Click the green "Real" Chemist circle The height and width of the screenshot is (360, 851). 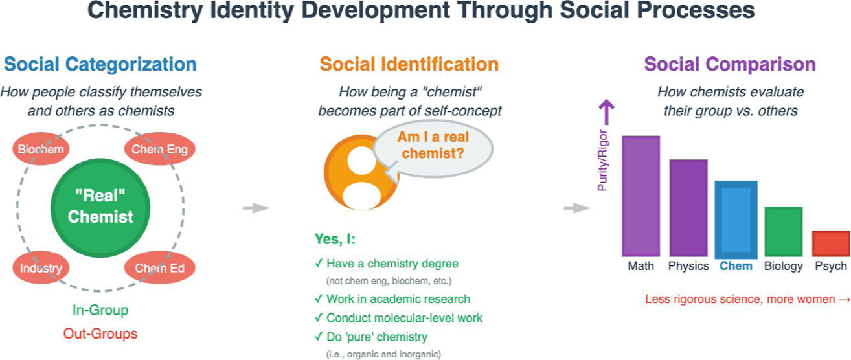pyautogui.click(x=100, y=208)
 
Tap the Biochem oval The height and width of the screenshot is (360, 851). pyautogui.click(x=41, y=148)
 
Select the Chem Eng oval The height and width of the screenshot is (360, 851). pyautogui.click(x=159, y=148)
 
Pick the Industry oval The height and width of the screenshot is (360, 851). pyautogui.click(x=41, y=267)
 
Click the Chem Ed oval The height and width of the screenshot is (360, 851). pyautogui.click(x=159, y=267)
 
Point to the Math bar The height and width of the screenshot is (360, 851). pyautogui.click(x=641, y=196)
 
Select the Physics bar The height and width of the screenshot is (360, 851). pyautogui.click(x=688, y=208)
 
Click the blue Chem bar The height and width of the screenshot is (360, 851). pyautogui.click(x=736, y=219)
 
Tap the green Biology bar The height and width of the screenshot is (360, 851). pyautogui.click(x=784, y=232)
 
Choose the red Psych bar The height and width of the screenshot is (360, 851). pyautogui.click(x=831, y=243)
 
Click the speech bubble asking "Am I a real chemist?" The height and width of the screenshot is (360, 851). pyautogui.click(x=433, y=148)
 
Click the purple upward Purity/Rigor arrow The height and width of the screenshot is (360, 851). pyautogui.click(x=606, y=112)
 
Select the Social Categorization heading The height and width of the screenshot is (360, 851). pyautogui.click(x=100, y=64)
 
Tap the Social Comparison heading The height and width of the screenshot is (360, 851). pyautogui.click(x=730, y=64)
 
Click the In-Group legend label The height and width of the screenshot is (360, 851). pyautogui.click(x=100, y=310)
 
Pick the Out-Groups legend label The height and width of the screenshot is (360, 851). pyautogui.click(x=100, y=334)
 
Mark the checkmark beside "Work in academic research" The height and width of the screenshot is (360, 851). pyautogui.click(x=319, y=299)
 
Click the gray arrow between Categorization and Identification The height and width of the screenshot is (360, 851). pyautogui.click(x=256, y=208)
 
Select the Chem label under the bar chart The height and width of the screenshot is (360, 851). pyautogui.click(x=736, y=266)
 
